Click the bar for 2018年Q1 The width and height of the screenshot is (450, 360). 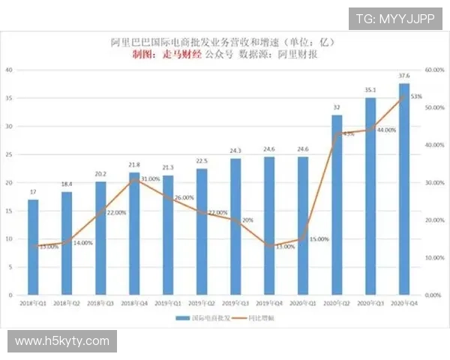pyautogui.click(x=33, y=247)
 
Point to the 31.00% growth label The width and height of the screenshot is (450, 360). pyautogui.click(x=150, y=179)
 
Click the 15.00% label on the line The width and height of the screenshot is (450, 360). pyautogui.click(x=319, y=239)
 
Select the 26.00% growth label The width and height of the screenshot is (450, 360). pyautogui.click(x=184, y=198)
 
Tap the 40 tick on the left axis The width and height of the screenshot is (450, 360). pyautogui.click(x=10, y=70)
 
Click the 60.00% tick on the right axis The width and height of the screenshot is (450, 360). pyautogui.click(x=434, y=70)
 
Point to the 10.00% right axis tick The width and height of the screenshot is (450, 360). pyautogui.click(x=434, y=257)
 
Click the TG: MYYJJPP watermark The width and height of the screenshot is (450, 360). pyautogui.click(x=394, y=18)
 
